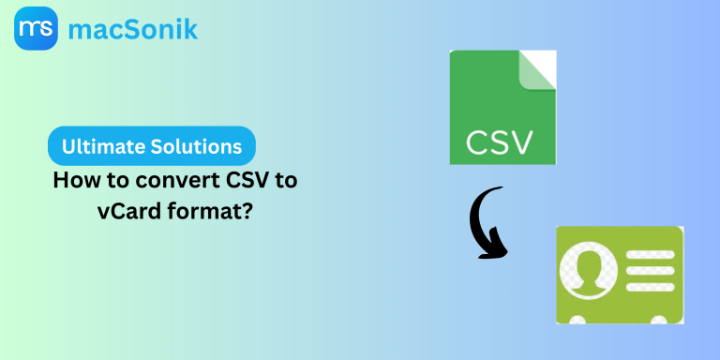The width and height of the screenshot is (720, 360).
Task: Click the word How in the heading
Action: tap(73, 181)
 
